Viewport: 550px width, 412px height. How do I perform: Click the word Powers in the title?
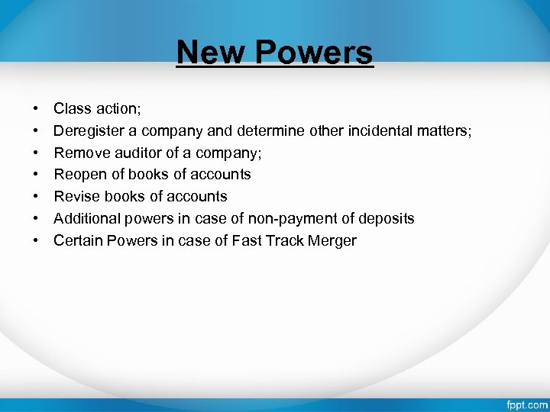[315, 53]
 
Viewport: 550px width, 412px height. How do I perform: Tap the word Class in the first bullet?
[71, 108]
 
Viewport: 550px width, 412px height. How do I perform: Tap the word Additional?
[85, 218]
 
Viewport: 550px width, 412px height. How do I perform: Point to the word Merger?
[333, 240]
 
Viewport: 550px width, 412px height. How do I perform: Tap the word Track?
[284, 240]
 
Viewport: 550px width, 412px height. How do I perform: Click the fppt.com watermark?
[526, 404]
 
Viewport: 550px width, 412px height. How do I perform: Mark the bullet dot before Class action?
[36, 109]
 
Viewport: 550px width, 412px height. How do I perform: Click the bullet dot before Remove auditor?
[36, 153]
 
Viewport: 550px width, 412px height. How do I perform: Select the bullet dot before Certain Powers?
[36, 240]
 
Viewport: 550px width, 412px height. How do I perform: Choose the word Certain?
[79, 240]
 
